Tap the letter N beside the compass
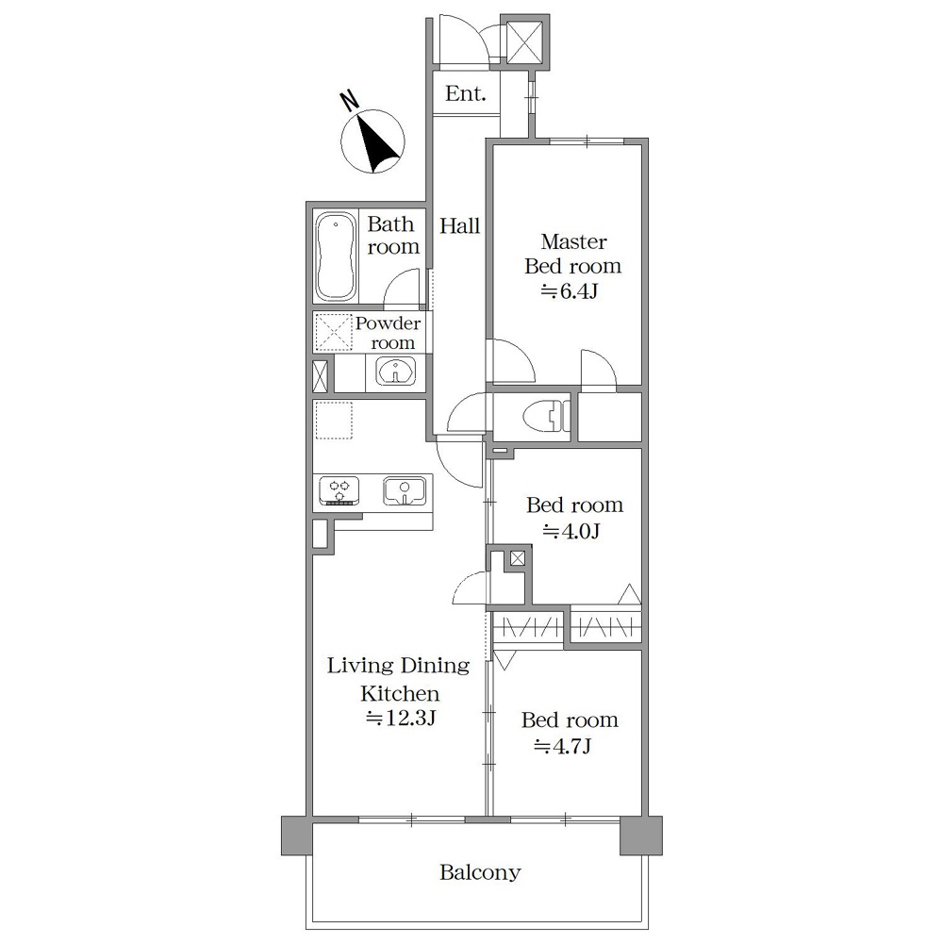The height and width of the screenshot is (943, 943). (349, 101)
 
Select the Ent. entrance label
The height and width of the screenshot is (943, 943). (465, 93)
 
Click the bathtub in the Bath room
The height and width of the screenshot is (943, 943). (335, 256)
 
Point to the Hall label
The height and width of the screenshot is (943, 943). (459, 226)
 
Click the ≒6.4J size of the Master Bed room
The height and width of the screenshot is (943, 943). (569, 291)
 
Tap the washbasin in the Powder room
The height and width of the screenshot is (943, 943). (395, 371)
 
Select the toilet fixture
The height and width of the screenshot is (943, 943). (546, 416)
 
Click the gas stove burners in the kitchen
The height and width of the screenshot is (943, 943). (339, 490)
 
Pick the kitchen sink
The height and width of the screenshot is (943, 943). (405, 490)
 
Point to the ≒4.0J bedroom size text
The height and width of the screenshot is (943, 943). (571, 532)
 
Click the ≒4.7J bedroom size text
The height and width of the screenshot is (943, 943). (563, 746)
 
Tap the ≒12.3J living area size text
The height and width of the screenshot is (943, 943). (401, 718)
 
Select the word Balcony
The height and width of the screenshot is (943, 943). (480, 872)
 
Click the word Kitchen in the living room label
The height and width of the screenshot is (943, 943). (400, 694)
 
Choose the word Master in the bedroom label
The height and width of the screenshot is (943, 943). (573, 241)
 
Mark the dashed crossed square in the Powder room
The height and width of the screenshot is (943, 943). (333, 332)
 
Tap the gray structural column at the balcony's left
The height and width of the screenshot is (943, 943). (296, 835)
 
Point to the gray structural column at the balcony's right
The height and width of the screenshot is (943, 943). (641, 835)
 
